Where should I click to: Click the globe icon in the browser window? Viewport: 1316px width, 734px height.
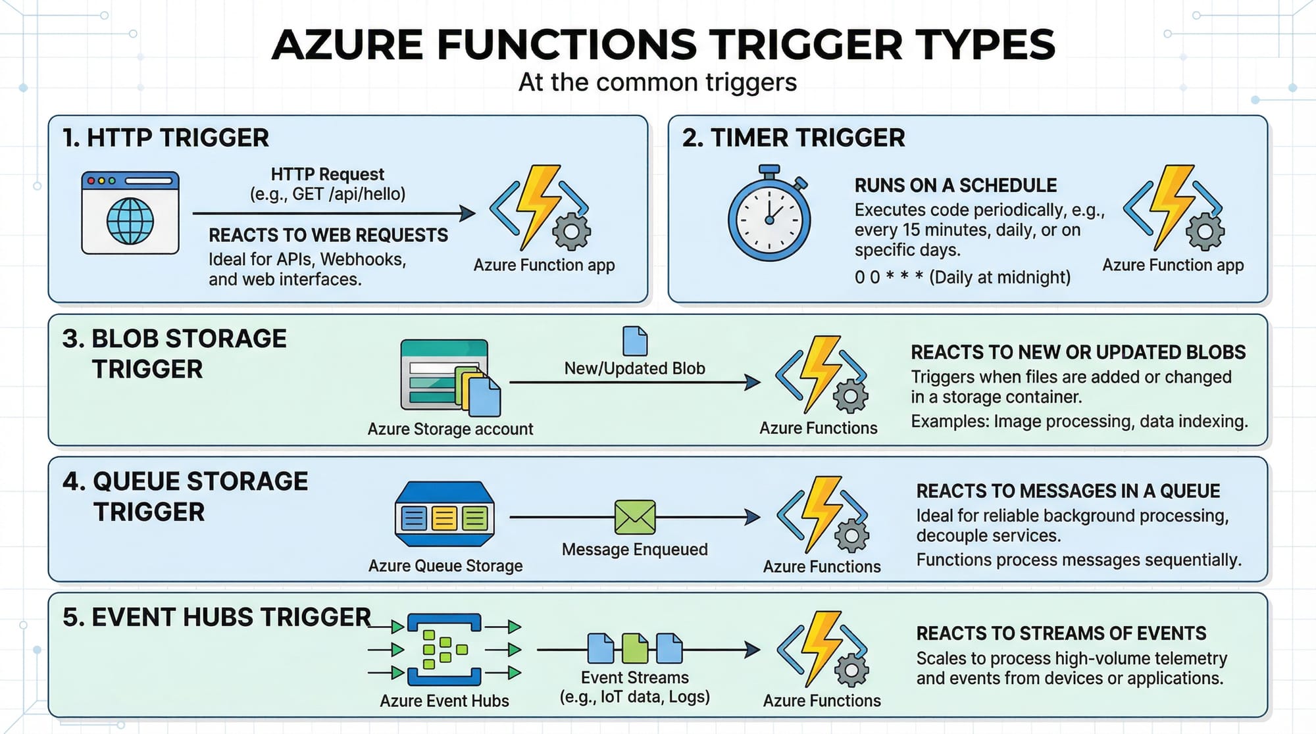(130, 221)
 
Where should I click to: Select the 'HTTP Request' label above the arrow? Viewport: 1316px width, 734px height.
(327, 174)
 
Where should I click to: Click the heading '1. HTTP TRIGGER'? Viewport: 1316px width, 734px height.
(165, 138)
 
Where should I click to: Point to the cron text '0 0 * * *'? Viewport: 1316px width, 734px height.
(888, 277)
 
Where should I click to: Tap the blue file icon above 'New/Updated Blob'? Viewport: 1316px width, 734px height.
(635, 341)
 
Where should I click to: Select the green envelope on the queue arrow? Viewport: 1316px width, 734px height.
(635, 517)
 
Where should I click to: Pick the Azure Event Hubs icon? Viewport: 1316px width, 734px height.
(445, 650)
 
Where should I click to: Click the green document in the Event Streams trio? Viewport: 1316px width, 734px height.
(635, 648)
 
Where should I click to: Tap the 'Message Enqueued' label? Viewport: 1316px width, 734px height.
(634, 549)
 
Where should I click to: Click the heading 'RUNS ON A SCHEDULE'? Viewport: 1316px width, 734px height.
(955, 185)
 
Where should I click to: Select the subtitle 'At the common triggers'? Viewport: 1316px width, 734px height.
(657, 83)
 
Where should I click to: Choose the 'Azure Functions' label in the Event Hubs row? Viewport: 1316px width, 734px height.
(821, 700)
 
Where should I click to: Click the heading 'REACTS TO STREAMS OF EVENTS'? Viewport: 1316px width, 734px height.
(1061, 633)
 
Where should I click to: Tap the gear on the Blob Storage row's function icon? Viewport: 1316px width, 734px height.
(851, 397)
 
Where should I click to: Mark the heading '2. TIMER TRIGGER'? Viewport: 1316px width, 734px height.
(793, 138)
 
